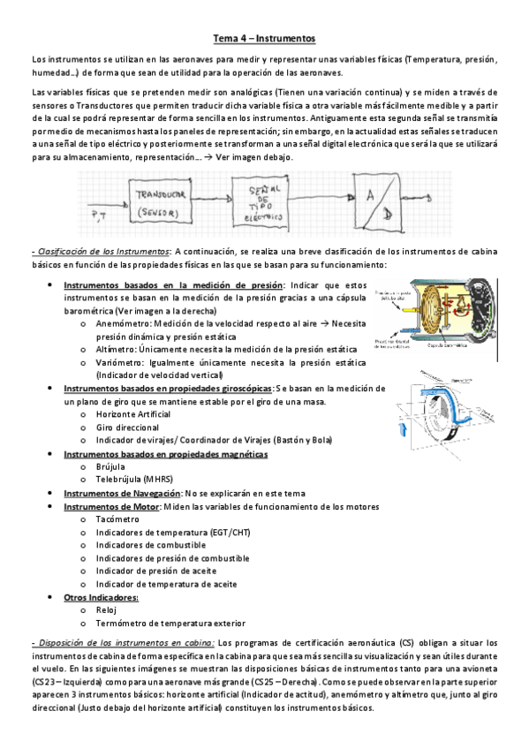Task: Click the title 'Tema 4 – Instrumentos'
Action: pos(264,39)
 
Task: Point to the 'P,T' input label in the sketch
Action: pos(99,213)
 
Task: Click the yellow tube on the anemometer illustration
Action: pos(409,308)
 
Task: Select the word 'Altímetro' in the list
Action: pos(115,350)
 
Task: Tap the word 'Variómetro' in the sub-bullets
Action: pos(117,363)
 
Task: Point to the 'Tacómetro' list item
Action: pos(117,520)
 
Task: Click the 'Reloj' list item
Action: pos(107,610)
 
